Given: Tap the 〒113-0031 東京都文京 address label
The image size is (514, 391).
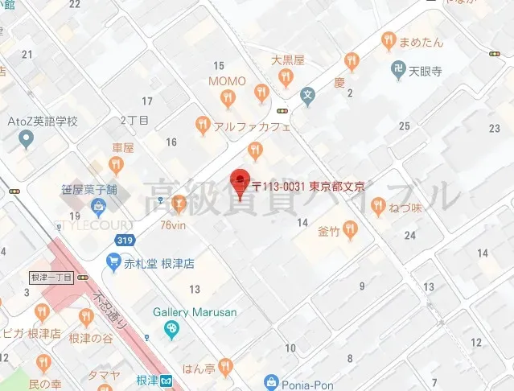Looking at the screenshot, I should (x=309, y=186).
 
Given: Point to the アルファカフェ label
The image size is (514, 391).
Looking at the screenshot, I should (x=252, y=126).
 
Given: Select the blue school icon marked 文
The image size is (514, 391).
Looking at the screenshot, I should (x=306, y=95).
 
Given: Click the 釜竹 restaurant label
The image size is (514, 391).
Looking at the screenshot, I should (x=329, y=231).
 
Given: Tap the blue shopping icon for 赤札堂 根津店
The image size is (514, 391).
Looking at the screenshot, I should (x=113, y=263).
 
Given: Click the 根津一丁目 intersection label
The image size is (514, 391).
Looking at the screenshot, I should (x=51, y=277).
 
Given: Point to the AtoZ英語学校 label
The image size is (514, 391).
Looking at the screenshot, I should (x=43, y=121).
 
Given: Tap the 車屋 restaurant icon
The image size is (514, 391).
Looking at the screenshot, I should (x=117, y=166).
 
